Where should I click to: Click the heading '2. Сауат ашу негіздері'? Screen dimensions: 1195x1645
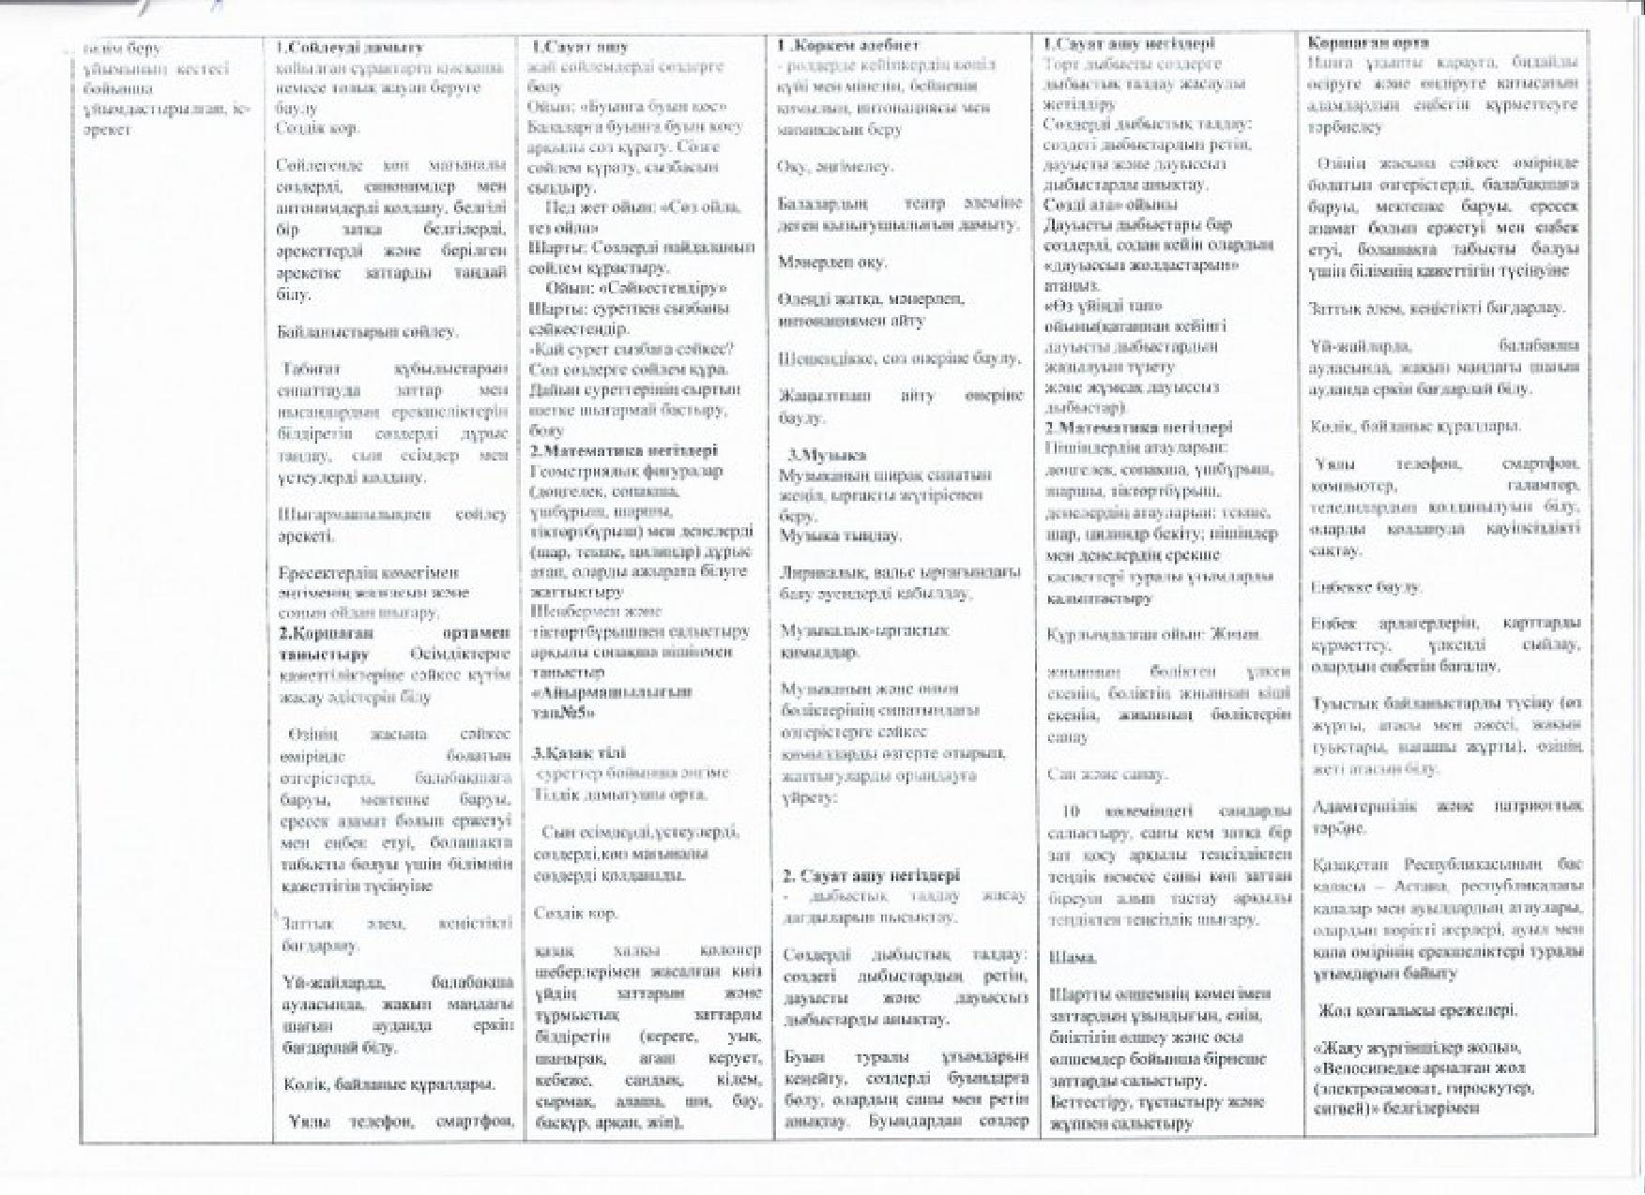coord(871,875)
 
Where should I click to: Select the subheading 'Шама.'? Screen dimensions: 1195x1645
coord(1072,958)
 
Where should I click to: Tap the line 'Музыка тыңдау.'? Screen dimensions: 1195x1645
coord(840,536)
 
